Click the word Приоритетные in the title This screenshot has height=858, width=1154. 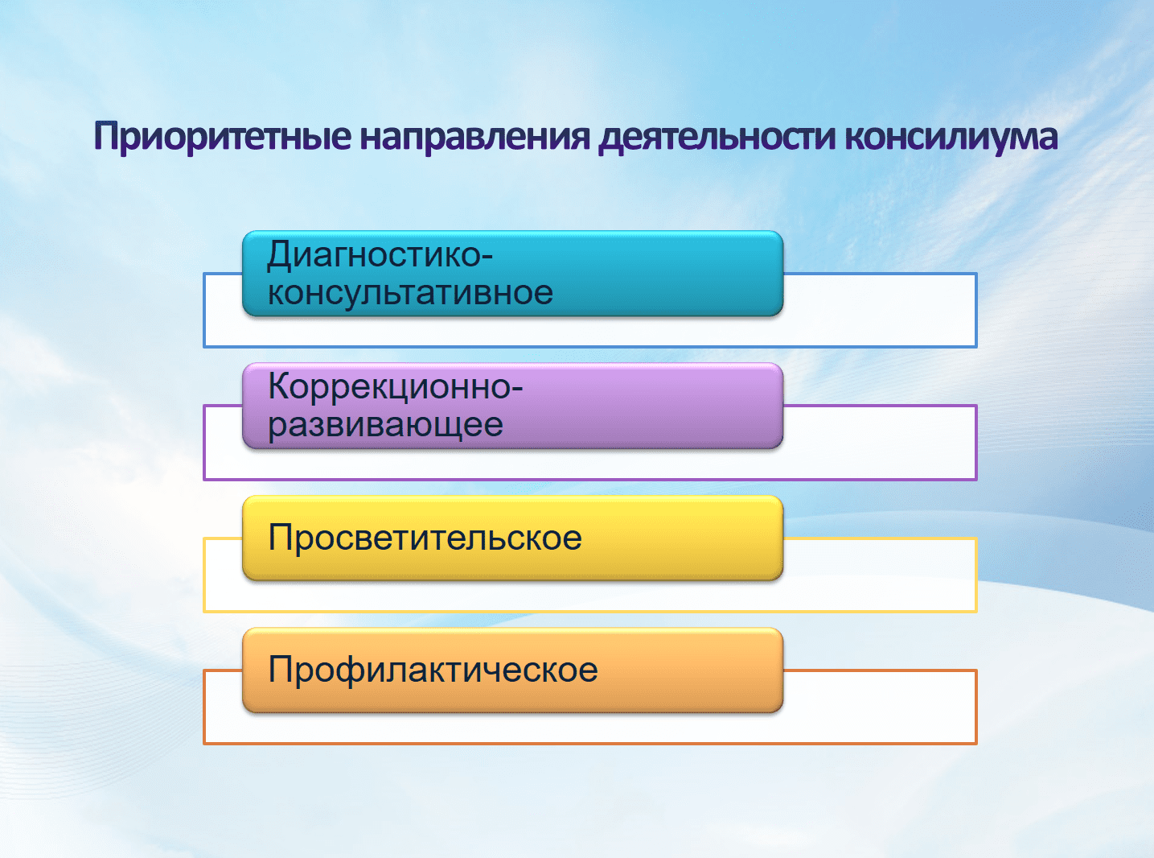[223, 137]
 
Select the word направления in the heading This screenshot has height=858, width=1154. [475, 137]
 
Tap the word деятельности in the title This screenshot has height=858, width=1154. [717, 137]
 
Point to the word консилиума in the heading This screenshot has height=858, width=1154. [951, 137]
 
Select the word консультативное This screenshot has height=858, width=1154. [410, 293]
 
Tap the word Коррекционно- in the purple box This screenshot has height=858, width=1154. [396, 387]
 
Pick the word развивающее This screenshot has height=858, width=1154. [385, 424]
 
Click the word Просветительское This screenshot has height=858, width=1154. [425, 537]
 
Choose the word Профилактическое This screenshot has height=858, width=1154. [433, 669]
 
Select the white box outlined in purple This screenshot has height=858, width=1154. [879, 443]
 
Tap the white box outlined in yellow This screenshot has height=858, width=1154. [879, 575]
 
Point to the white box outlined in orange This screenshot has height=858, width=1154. [879, 707]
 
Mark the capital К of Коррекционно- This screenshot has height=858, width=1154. [281, 386]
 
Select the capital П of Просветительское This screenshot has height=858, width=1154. [281, 537]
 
